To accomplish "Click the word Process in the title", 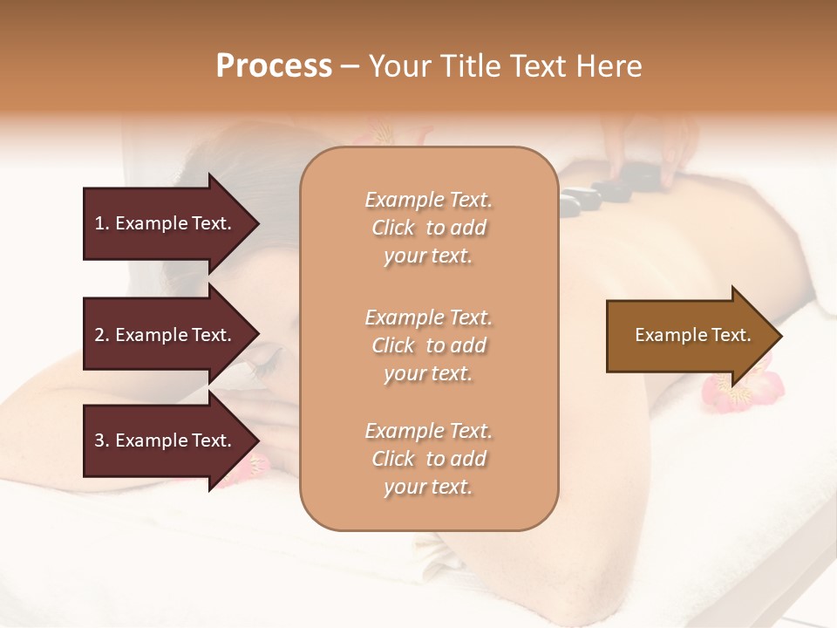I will [274, 65].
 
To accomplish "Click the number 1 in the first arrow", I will [99, 223].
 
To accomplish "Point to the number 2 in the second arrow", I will [99, 335].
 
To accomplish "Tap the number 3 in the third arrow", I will [99, 440].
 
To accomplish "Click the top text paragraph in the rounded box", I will [428, 228].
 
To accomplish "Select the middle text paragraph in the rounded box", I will [428, 345].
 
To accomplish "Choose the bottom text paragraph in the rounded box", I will [428, 459].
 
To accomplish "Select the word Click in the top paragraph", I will [393, 228].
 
